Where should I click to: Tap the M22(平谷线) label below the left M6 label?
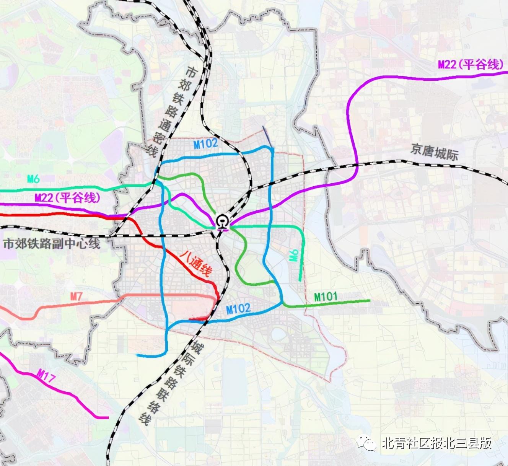coord(67,198)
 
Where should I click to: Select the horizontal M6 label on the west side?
coord(33,179)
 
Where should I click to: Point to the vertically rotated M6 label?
coord(294,255)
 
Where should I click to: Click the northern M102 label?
coord(205,144)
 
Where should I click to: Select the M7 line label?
coord(76,297)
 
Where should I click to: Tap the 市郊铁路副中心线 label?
coord(52,244)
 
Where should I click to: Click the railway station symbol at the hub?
coord(221,222)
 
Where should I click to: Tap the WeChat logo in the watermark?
coord(366,443)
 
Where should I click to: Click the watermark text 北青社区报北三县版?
coord(436,443)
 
